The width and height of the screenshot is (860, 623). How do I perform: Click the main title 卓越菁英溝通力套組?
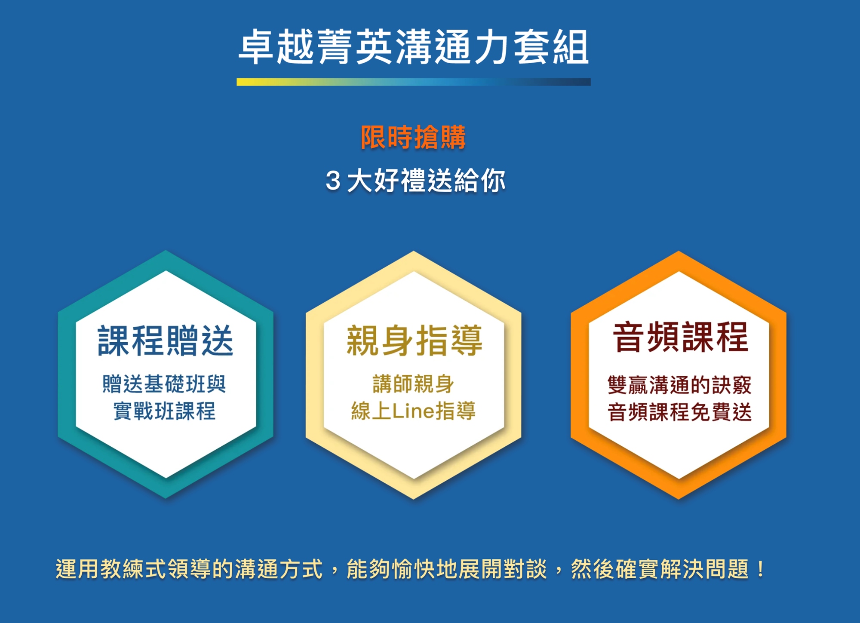tap(414, 47)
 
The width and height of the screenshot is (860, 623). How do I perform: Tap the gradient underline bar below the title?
tap(414, 82)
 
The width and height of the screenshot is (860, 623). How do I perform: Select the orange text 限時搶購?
tap(413, 137)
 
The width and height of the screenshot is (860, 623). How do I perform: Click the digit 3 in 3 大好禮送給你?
tap(333, 181)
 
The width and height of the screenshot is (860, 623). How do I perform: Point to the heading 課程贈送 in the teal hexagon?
tap(166, 341)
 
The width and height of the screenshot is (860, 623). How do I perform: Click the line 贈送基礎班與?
tap(164, 384)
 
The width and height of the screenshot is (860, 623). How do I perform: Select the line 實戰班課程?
tap(164, 411)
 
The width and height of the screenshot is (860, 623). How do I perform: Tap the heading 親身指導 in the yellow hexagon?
tap(414, 341)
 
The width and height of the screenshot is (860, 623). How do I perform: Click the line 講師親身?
tap(413, 384)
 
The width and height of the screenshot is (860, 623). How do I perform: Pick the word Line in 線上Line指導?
tap(413, 411)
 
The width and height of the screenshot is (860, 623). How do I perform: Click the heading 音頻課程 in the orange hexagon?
tap(681, 337)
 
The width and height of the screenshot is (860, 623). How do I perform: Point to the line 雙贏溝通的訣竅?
tap(679, 385)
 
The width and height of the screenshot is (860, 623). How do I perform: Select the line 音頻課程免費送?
tap(679, 412)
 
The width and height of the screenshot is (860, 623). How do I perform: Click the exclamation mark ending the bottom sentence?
tap(761, 569)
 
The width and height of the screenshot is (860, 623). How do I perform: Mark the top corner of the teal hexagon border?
tap(166, 251)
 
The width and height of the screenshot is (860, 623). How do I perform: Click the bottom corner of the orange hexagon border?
tap(679, 499)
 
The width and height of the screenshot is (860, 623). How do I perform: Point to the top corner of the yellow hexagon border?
tap(414, 251)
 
